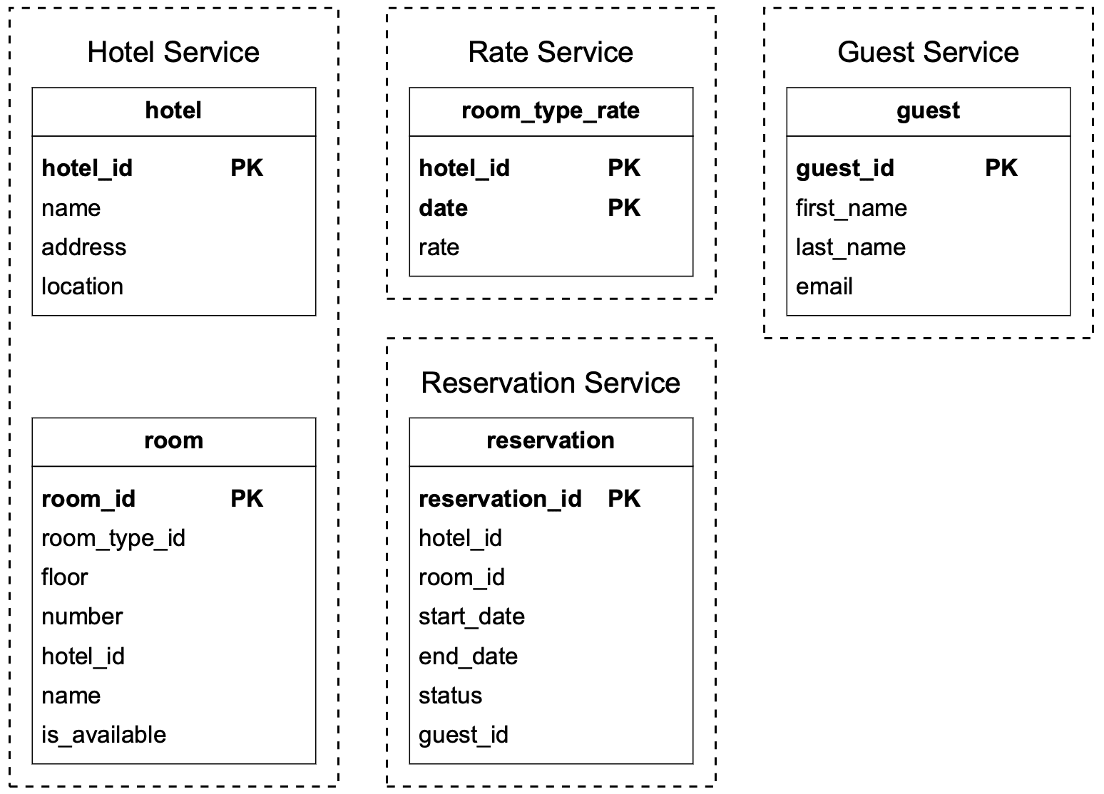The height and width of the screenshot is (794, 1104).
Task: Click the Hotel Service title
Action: point(173,52)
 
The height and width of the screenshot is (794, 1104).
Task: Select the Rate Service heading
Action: point(550,52)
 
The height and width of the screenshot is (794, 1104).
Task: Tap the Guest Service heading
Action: point(928,52)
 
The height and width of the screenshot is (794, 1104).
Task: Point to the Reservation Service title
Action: point(550,383)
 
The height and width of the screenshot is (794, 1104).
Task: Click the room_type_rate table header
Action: point(550,111)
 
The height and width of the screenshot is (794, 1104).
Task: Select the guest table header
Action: point(928,111)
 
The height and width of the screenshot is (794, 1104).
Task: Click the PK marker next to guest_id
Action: point(1001,168)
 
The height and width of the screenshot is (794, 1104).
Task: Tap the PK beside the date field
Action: point(623,208)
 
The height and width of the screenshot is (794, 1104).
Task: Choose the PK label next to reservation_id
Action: point(623,499)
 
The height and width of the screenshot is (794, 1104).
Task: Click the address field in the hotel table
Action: point(83,247)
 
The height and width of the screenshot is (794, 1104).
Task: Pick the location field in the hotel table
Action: point(82,287)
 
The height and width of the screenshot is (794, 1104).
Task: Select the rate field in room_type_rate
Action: point(439,247)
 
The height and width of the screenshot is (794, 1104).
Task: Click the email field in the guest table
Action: point(824,287)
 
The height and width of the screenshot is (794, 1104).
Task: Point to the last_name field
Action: point(850,247)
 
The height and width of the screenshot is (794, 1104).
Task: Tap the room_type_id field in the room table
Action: point(113,538)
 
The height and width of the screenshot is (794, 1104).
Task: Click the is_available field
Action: point(103,735)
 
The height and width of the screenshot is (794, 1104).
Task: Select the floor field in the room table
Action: point(64,577)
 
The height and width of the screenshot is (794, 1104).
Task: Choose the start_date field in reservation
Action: point(471,617)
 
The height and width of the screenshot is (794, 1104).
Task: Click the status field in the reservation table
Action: point(450,696)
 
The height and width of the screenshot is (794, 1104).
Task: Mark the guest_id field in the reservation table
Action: point(463,735)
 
